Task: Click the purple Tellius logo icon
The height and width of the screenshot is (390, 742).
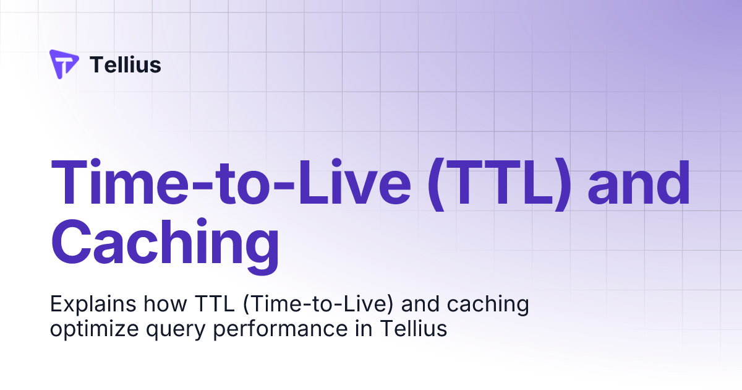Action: [x=64, y=64]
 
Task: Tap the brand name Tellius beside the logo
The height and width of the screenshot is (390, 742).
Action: [x=126, y=64]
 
